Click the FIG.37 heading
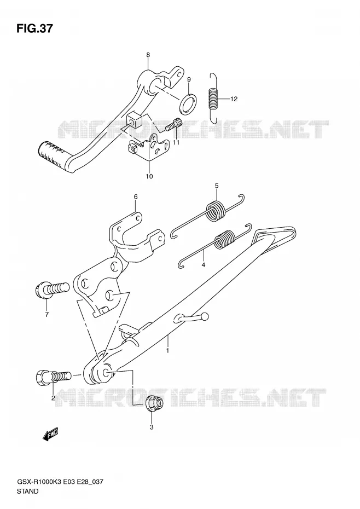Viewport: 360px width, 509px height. [x=34, y=29]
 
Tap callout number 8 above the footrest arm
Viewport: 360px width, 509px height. [x=148, y=55]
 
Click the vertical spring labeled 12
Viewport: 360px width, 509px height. [x=213, y=98]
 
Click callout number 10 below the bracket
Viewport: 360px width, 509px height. [x=149, y=177]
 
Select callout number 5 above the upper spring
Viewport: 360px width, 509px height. [x=217, y=186]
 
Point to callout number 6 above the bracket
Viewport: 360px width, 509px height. [x=135, y=196]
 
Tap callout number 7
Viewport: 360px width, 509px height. [x=47, y=314]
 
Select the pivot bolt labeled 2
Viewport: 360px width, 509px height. [x=53, y=377]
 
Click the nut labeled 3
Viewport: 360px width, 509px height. [x=155, y=404]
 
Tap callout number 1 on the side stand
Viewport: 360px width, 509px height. [x=167, y=350]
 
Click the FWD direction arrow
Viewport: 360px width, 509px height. [x=50, y=435]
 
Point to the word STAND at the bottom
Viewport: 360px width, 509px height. [x=27, y=491]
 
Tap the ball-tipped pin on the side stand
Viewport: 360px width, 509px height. [x=191, y=317]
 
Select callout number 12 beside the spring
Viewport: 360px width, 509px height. [x=234, y=99]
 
